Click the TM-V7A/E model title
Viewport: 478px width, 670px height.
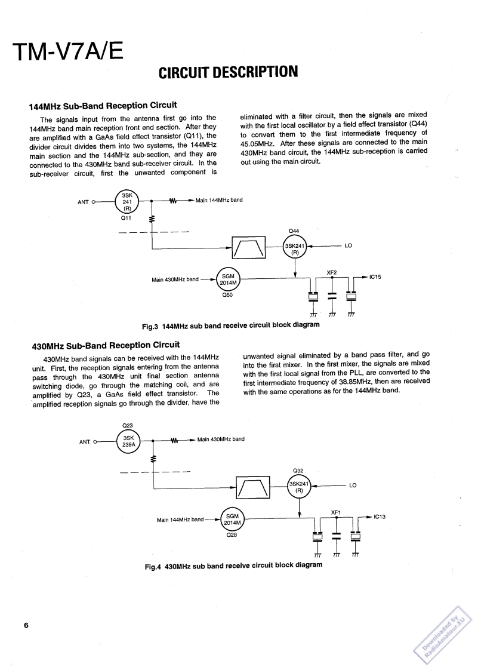(69, 52)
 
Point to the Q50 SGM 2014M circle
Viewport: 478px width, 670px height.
(228, 279)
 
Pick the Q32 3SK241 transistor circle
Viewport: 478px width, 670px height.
(300, 487)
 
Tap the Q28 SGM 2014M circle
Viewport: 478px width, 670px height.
(232, 520)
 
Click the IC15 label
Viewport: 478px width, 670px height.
(375, 277)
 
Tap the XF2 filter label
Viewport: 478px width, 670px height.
(332, 272)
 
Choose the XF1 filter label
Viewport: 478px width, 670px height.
(335, 512)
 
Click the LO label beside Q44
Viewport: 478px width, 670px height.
(349, 245)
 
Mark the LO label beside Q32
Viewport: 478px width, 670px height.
(353, 485)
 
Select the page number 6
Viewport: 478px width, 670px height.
(26, 625)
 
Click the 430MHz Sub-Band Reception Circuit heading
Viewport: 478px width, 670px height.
(105, 345)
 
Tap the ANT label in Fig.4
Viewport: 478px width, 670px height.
(84, 442)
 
